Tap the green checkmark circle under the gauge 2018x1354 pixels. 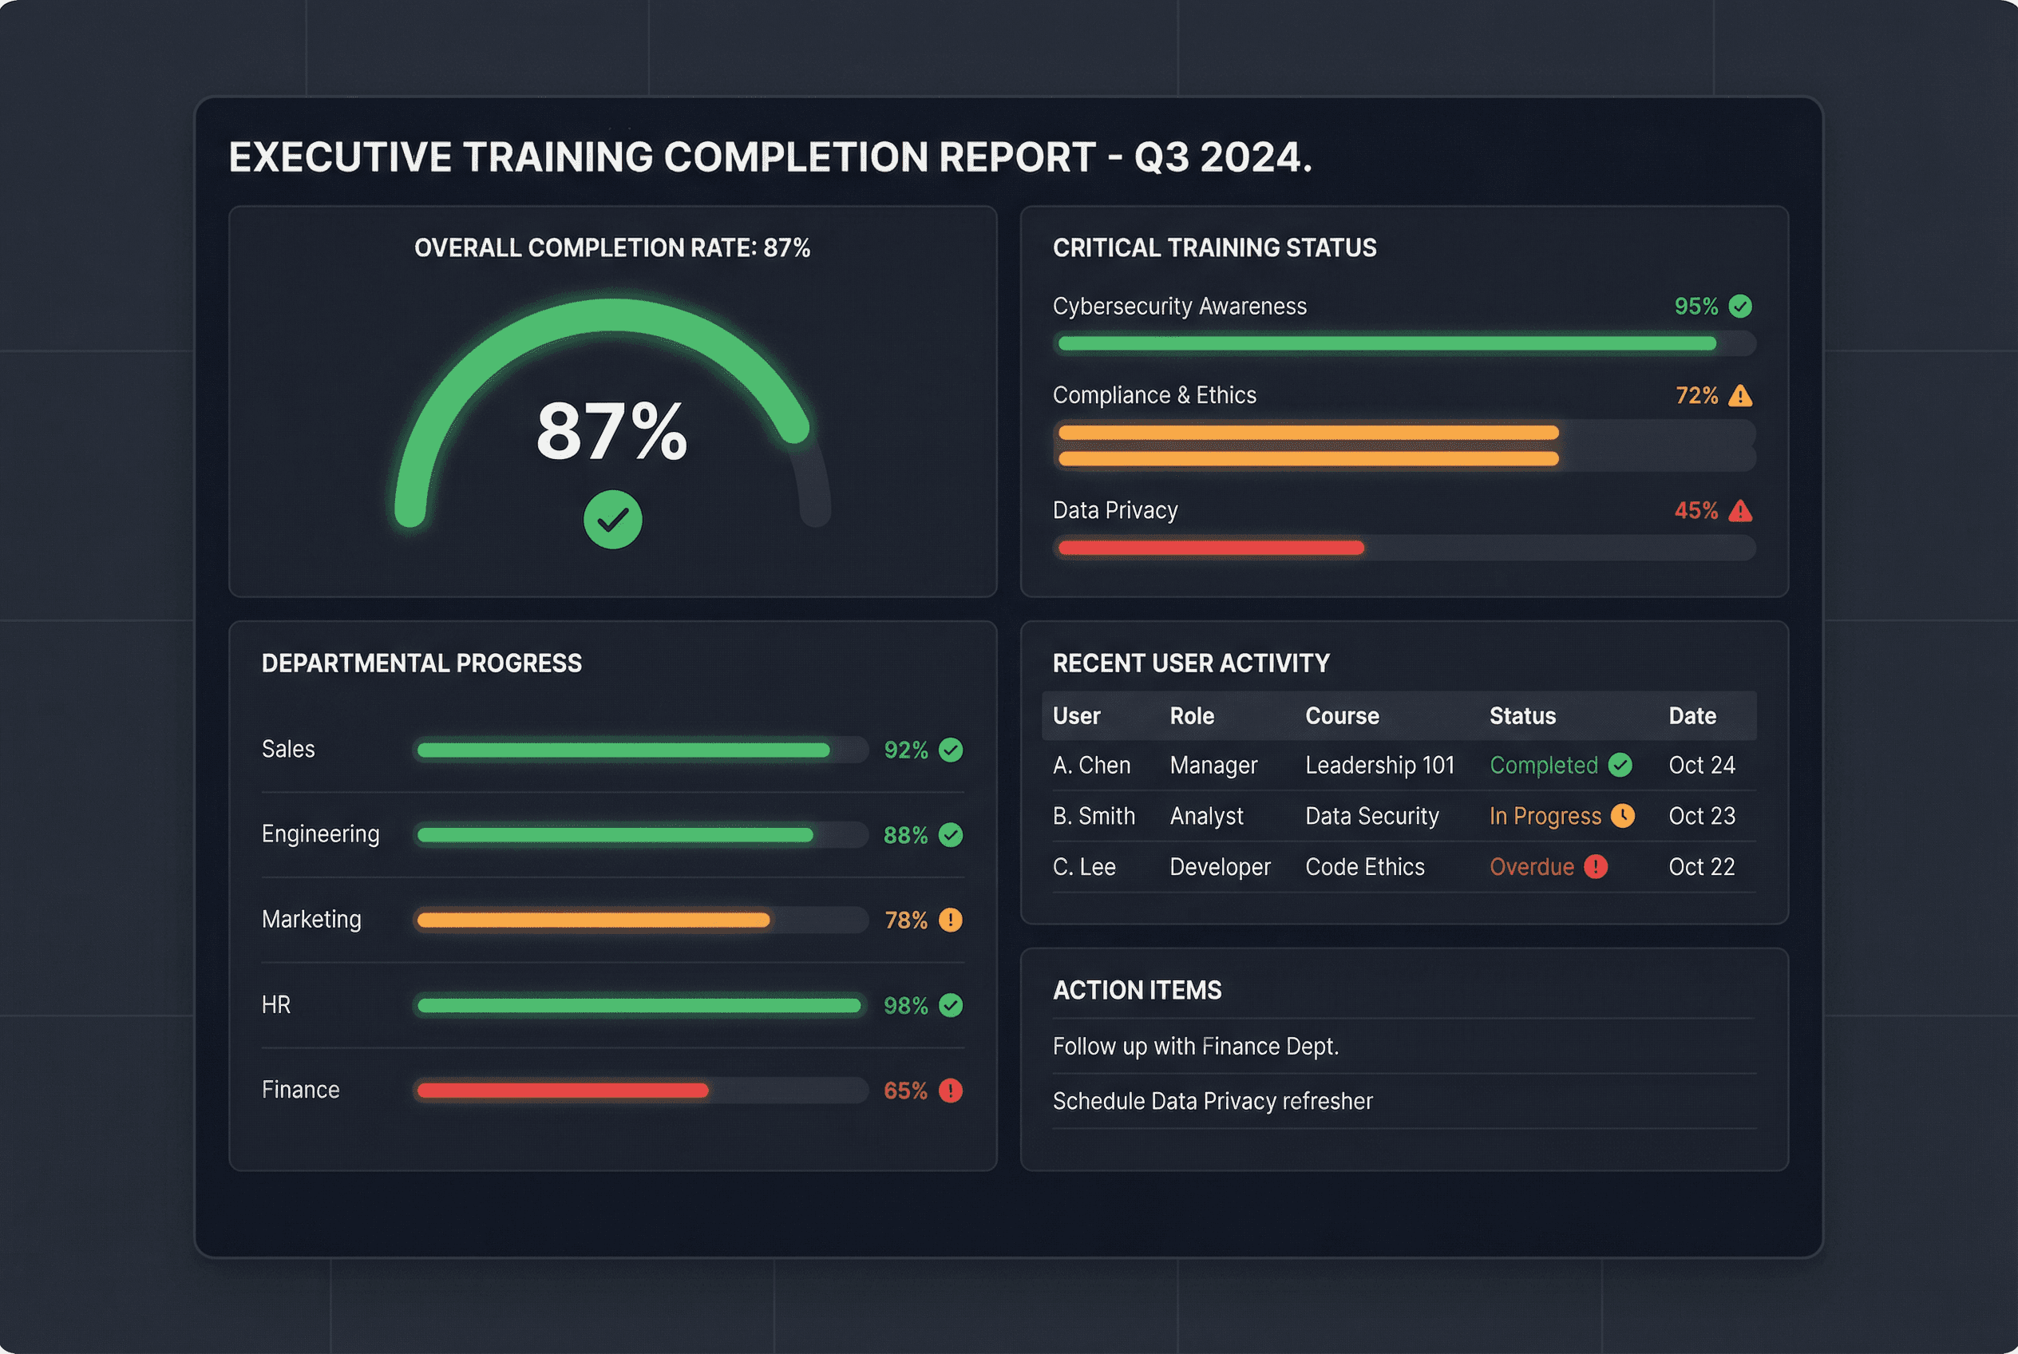click(x=612, y=520)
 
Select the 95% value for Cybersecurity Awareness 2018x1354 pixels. click(x=1695, y=307)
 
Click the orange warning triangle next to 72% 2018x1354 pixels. click(x=1740, y=395)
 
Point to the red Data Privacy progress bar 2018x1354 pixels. click(x=1210, y=548)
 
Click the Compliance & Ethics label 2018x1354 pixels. click(x=1153, y=395)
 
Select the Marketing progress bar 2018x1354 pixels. click(x=592, y=920)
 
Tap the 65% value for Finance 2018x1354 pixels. click(x=905, y=1091)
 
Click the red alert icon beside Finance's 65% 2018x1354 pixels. click(x=950, y=1091)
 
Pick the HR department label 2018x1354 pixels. click(x=276, y=1005)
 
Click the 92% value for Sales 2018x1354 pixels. click(x=905, y=750)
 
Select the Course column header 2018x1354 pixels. click(x=1341, y=716)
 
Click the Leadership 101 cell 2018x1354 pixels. click(x=1379, y=765)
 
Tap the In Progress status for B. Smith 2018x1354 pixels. click(x=1544, y=816)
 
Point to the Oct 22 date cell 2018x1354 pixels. click(x=1701, y=867)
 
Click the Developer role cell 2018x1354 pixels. click(x=1219, y=867)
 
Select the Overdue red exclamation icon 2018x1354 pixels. click(x=1595, y=867)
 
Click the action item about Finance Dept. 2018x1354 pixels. click(x=1195, y=1047)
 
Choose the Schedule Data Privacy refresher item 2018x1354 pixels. click(x=1212, y=1102)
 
